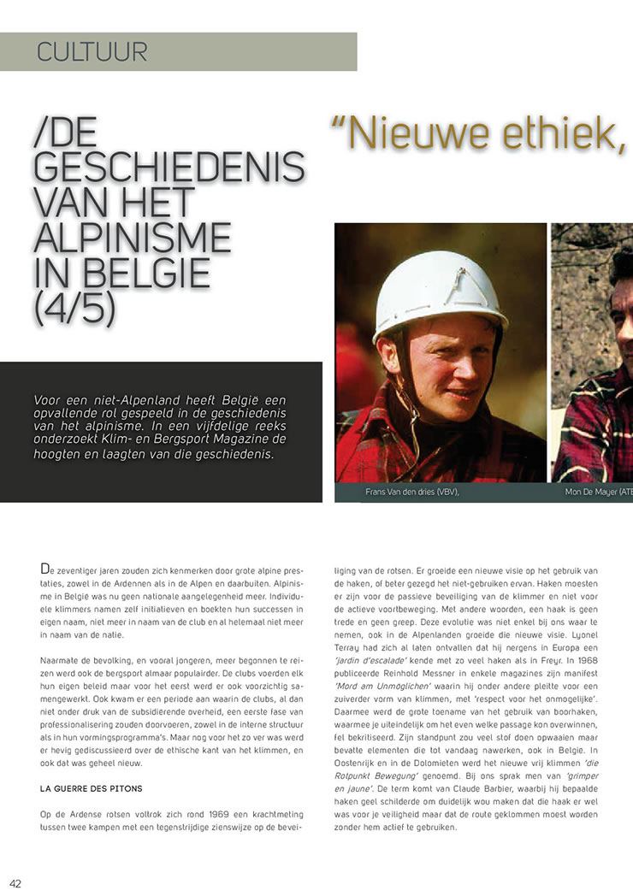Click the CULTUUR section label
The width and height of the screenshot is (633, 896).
pos(92,51)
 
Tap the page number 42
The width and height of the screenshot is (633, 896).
pos(15,882)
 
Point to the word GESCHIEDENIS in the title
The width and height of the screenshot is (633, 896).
pos(169,165)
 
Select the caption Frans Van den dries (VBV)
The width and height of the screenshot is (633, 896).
pos(406,492)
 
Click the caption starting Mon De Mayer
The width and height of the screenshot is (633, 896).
pos(598,492)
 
